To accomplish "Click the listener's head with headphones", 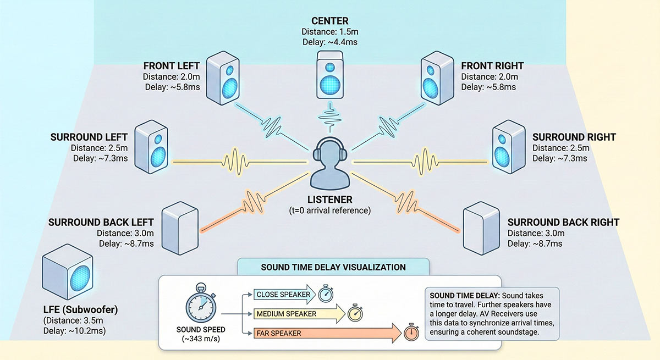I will [330, 157].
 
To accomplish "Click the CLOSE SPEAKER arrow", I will [283, 295].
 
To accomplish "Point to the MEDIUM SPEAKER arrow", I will [297, 314].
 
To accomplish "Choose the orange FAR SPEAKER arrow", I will [324, 333].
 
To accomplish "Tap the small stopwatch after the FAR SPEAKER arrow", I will [409, 334].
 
